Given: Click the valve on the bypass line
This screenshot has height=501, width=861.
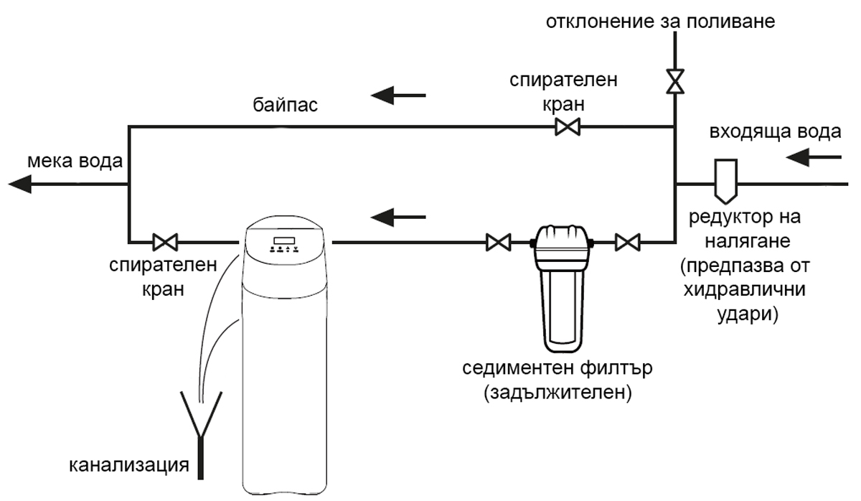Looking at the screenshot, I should pos(568,128).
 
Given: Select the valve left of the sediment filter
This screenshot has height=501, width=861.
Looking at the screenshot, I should pos(497,242).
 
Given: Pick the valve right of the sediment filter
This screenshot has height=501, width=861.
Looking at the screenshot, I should pos(628,242).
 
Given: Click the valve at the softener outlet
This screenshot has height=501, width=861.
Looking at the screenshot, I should pos(166,240).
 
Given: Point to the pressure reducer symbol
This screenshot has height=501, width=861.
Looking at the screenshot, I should pos(723,180).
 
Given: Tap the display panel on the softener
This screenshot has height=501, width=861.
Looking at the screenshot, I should pos(286,240).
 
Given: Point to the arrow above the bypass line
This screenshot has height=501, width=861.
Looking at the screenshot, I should pos(397,94).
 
